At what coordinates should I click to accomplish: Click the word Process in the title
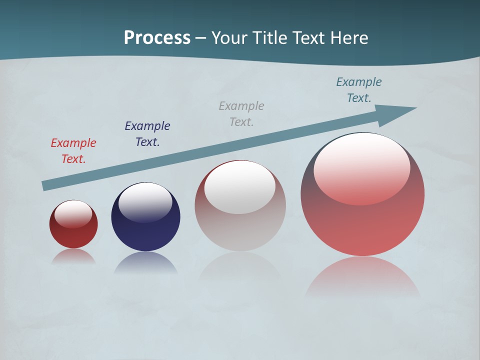157,38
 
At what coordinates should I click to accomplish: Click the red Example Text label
73,151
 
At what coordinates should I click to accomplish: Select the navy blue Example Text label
147,134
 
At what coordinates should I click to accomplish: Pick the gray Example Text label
241,114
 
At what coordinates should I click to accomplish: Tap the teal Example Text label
359,90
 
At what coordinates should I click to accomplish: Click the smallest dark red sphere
73,235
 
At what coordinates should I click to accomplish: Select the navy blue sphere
145,232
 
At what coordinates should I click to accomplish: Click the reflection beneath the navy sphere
145,263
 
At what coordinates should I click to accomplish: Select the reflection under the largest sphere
362,277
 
